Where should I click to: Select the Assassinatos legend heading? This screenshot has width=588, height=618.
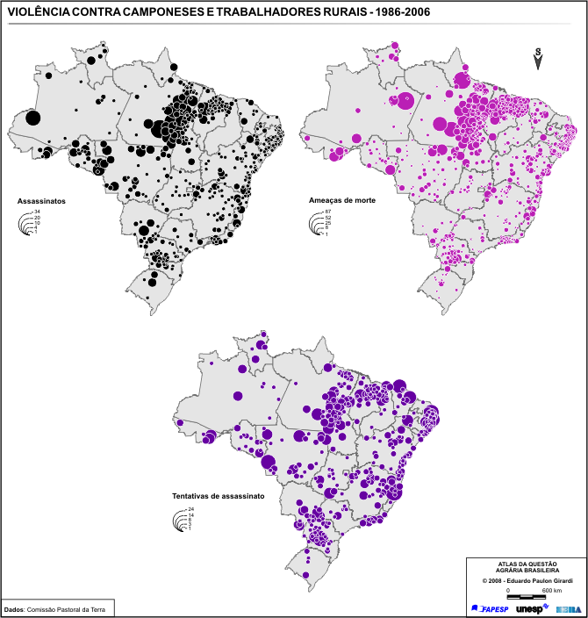[x=41, y=201]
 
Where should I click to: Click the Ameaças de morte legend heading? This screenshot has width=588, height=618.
[x=342, y=201]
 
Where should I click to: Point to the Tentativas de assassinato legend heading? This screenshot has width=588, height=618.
[x=219, y=496]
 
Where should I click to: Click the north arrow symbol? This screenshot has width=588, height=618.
[x=539, y=58]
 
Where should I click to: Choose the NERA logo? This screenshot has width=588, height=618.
[x=567, y=608]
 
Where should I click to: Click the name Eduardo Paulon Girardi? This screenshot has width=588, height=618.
[x=538, y=580]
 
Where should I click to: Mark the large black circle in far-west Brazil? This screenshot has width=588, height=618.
[x=32, y=119]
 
